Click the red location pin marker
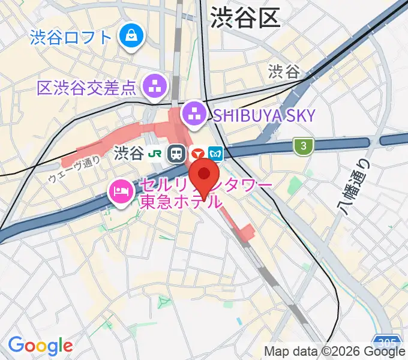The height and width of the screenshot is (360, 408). pyautogui.click(x=204, y=176)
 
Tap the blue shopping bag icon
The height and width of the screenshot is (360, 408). pyautogui.click(x=130, y=37)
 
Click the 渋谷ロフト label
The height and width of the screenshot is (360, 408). pyautogui.click(x=71, y=38)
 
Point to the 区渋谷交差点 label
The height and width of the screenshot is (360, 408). pyautogui.click(x=86, y=89)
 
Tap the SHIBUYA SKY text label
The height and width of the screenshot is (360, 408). pyautogui.click(x=262, y=116)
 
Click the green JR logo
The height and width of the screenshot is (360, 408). pyautogui.click(x=155, y=154)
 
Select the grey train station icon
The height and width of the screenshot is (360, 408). pyautogui.click(x=176, y=154)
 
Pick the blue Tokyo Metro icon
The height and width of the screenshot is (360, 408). pyautogui.click(x=216, y=154)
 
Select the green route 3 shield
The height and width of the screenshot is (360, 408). pyautogui.click(x=303, y=145)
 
